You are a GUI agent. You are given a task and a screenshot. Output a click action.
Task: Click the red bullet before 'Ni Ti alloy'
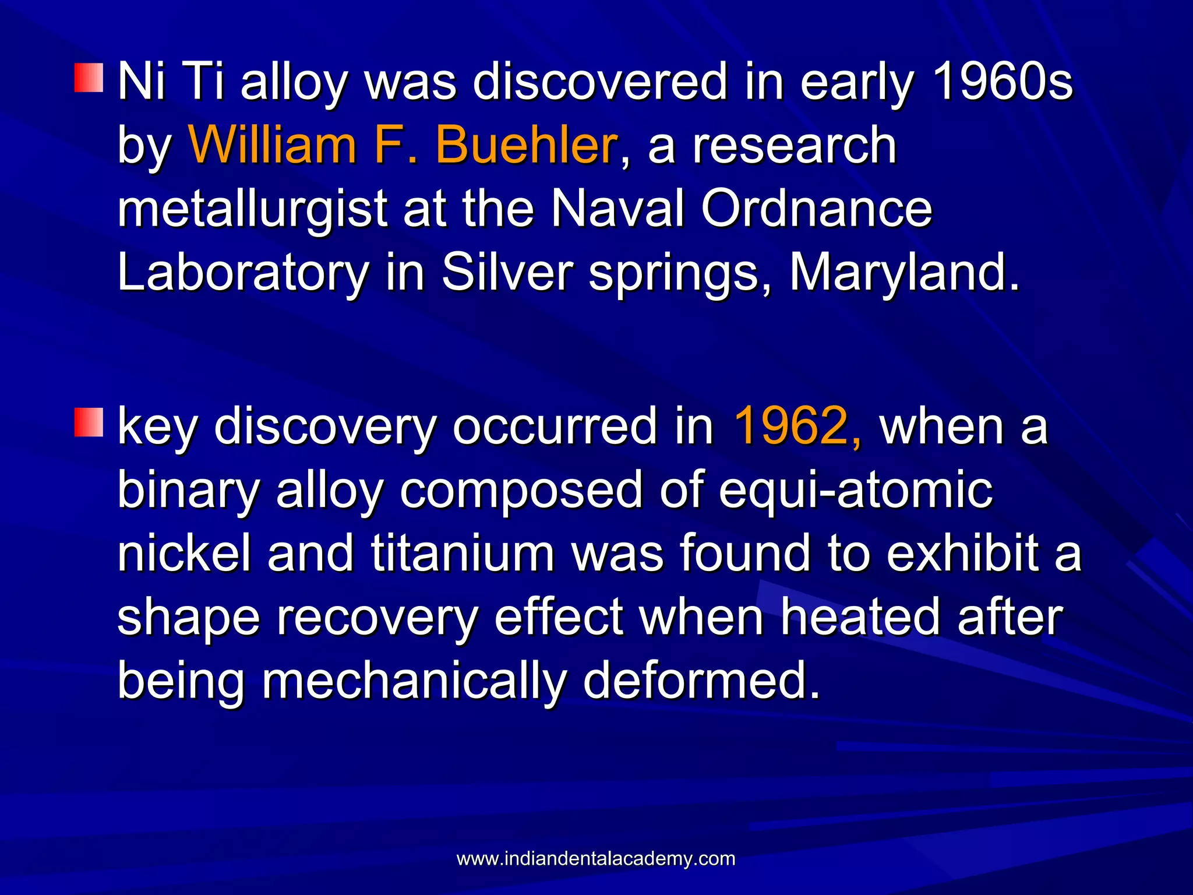89,78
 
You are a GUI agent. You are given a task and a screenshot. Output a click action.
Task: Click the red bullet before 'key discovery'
89,422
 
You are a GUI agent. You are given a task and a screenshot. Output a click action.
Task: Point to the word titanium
463,553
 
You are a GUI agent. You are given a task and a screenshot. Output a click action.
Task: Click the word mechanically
414,681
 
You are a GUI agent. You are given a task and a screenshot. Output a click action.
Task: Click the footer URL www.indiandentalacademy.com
596,858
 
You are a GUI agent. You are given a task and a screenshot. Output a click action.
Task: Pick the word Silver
507,273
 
